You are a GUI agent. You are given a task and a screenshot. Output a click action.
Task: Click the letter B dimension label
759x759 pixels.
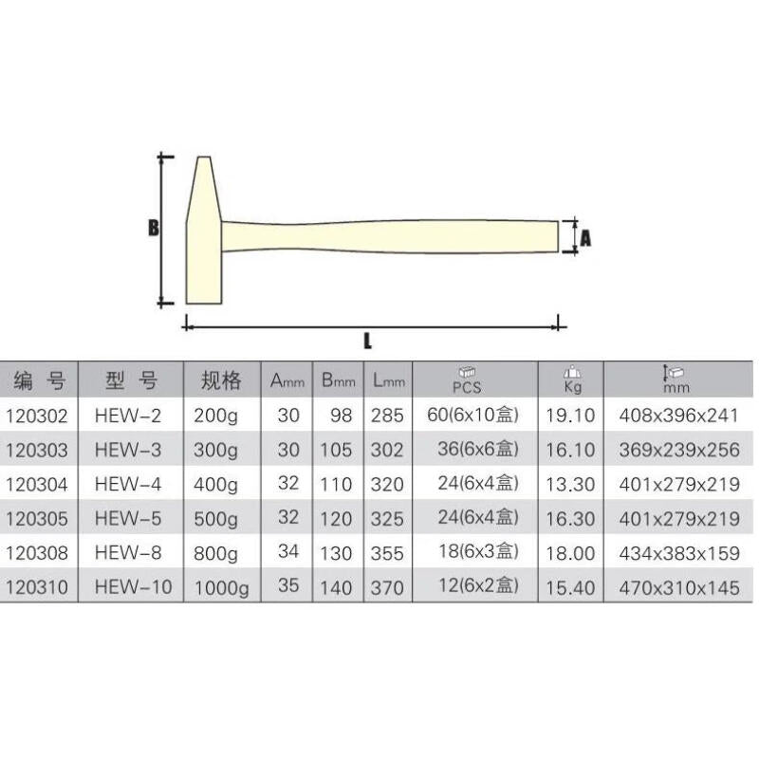154,228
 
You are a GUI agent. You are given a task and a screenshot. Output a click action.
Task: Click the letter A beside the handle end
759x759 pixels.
585,238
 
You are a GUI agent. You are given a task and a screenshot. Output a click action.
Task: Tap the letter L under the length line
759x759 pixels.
368,342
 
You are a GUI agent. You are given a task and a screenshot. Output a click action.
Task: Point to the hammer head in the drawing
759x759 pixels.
204,231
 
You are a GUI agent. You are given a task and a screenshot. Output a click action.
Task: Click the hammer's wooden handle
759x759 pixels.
390,236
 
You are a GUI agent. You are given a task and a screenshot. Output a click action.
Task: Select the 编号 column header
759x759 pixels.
39,380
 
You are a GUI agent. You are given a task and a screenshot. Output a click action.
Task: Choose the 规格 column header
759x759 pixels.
221,380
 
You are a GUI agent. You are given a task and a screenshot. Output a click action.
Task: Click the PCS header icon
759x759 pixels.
467,372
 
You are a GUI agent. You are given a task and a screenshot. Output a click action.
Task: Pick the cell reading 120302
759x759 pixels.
37,416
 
